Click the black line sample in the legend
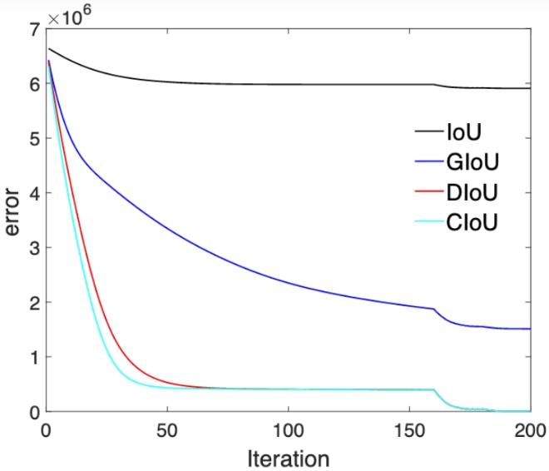(x=434, y=131)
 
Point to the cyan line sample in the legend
(x=434, y=224)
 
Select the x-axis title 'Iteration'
(x=288, y=458)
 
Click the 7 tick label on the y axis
(x=33, y=31)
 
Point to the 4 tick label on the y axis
(x=33, y=194)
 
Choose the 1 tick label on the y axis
(x=33, y=357)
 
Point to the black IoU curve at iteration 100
(x=288, y=84)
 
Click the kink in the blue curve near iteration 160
(x=433, y=310)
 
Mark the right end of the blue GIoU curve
(x=530, y=329)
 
